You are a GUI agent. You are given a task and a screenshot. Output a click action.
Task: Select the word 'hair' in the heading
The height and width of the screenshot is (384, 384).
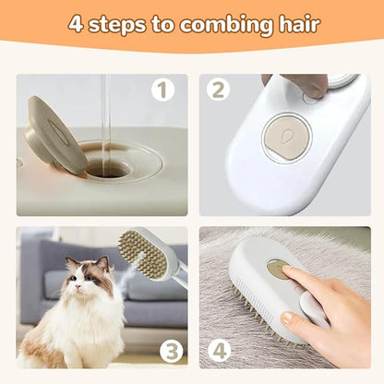[x=294, y=24]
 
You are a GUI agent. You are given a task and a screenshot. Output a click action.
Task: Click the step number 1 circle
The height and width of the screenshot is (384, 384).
[x=162, y=91]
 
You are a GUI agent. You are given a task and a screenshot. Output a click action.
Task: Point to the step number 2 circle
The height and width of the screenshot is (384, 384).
[x=220, y=91]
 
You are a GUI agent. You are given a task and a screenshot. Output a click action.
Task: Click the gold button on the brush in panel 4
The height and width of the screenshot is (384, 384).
[x=277, y=269]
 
